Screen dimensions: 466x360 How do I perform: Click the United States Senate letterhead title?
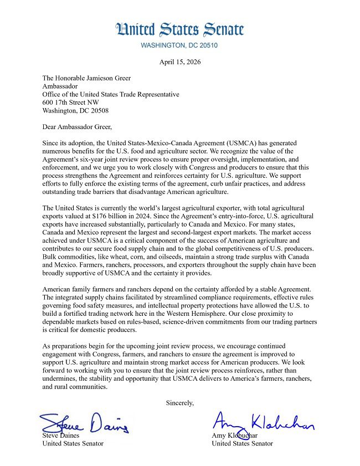click(179, 29)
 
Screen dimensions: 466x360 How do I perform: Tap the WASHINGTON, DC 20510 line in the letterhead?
click(179, 45)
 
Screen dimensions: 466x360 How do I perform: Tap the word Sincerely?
click(180, 402)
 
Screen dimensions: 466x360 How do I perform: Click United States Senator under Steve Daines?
click(73, 443)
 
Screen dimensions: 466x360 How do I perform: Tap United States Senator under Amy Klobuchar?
click(242, 443)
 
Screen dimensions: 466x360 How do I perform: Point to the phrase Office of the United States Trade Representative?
click(111, 94)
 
